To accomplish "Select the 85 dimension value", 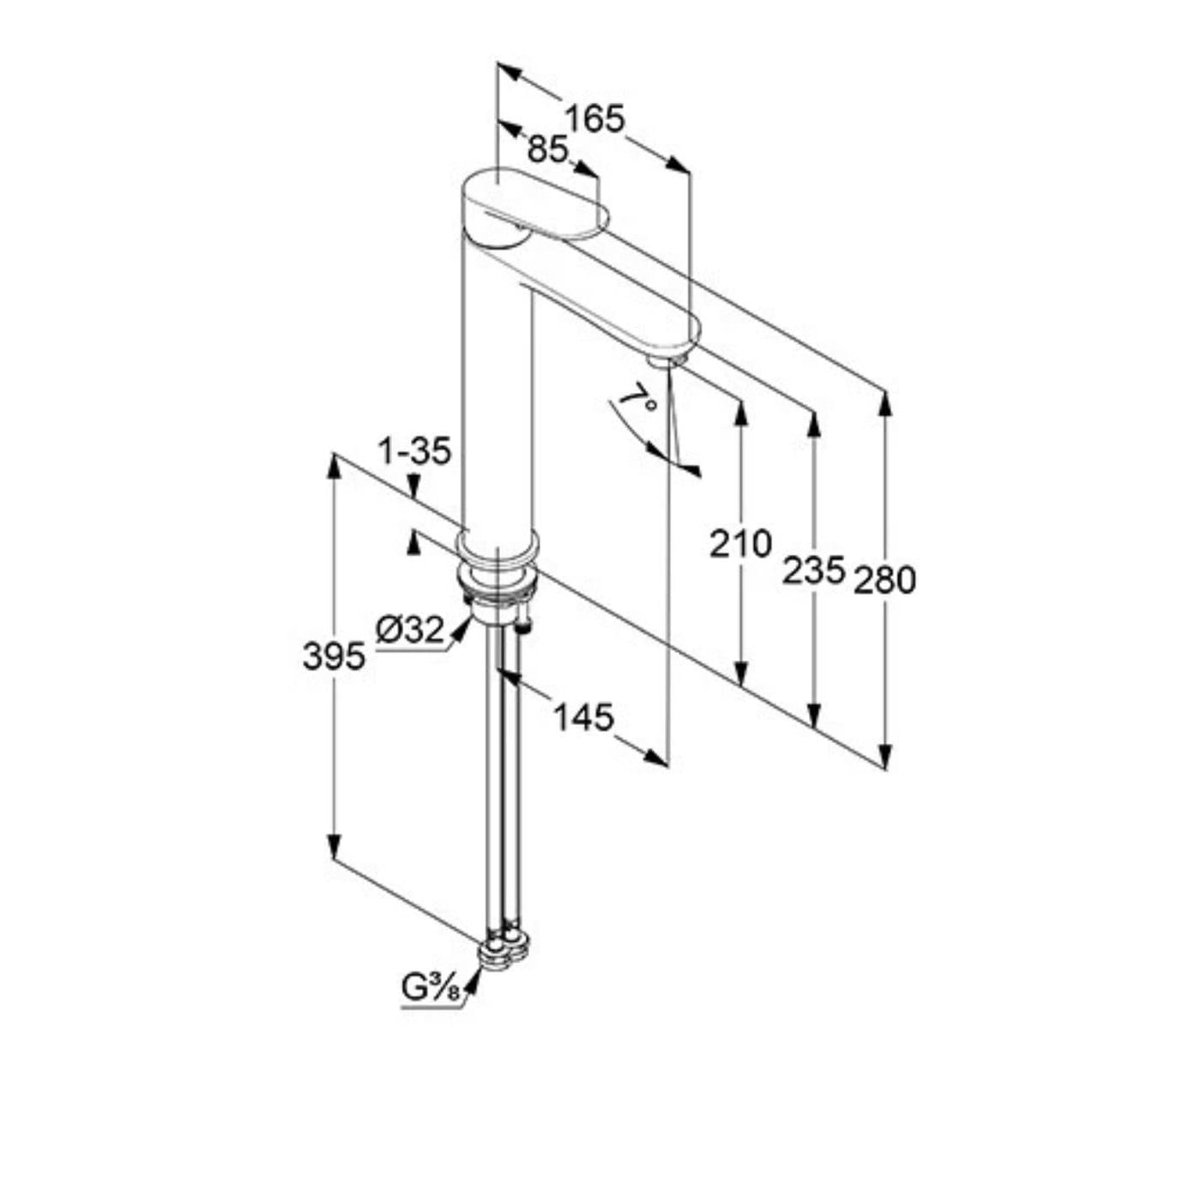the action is point(548,149).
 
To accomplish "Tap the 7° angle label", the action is point(639,401).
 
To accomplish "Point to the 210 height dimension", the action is point(740,543).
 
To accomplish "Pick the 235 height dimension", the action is point(813,570).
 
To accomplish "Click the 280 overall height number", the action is point(885,580).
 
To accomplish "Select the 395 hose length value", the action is point(334,657).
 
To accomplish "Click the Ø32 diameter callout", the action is point(409,630).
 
